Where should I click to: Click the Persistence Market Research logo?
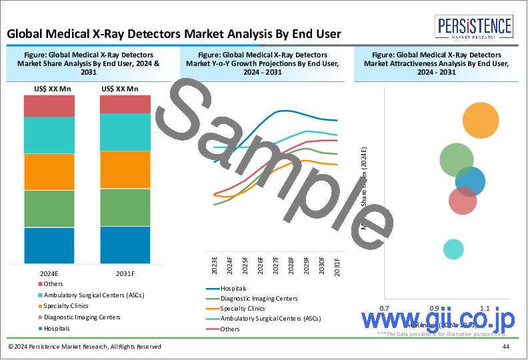tap(474, 27)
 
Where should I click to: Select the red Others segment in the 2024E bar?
tap(49, 106)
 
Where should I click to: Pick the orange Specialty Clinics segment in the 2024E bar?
tap(49, 172)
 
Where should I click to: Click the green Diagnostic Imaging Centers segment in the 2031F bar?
tap(125, 207)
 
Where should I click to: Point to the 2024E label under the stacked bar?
tap(49, 273)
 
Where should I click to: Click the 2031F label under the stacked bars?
tap(125, 273)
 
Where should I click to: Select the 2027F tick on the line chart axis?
tap(275, 265)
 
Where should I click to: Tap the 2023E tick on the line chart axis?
tap(215, 265)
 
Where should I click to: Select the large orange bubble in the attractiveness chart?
tap(480, 121)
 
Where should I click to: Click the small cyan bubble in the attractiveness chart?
tap(453, 249)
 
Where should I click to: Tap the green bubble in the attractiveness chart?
tap(456, 160)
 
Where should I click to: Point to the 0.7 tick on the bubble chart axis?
tap(384, 309)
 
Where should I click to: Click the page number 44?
tap(506, 347)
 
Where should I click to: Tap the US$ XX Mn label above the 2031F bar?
tap(120, 88)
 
